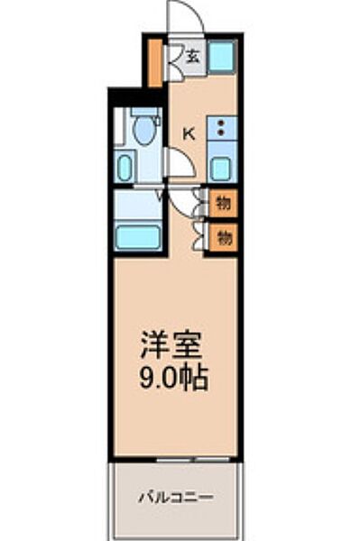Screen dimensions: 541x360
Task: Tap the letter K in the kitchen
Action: point(189,134)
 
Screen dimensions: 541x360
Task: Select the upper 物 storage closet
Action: point(224,203)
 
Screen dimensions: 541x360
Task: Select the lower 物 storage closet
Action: point(224,238)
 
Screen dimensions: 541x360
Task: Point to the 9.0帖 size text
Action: point(174,376)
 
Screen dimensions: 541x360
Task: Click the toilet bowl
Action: point(143,131)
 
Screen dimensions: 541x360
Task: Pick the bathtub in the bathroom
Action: point(138,239)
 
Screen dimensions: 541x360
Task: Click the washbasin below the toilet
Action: point(125,167)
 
